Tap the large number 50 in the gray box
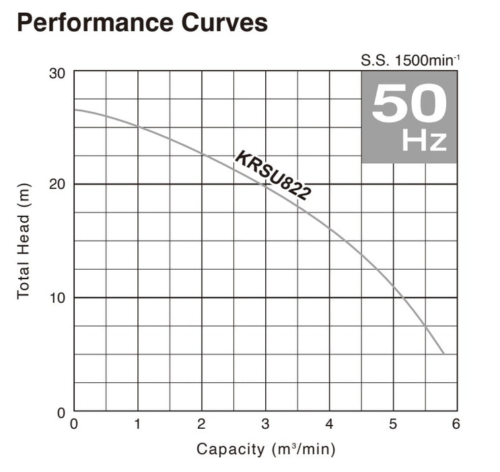click(408, 103)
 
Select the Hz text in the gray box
click(424, 141)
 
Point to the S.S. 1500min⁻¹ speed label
click(410, 60)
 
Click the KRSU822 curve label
click(273, 176)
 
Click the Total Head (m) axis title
click(24, 241)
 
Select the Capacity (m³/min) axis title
click(265, 448)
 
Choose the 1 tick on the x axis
click(138, 424)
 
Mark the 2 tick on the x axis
click(201, 424)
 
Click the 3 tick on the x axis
click(265, 424)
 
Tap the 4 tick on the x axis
click(329, 424)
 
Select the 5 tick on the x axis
click(392, 424)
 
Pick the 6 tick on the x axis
click(456, 424)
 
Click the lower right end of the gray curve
click(443, 353)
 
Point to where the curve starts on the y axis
click(75, 109)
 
